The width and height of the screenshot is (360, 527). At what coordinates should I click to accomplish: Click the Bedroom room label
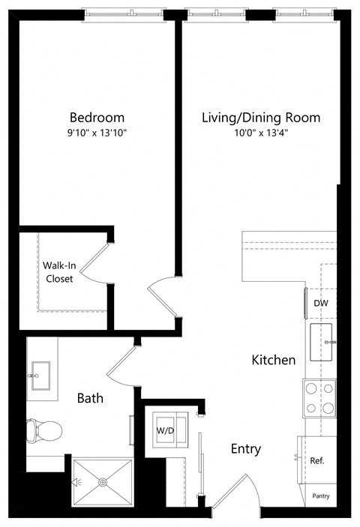97,118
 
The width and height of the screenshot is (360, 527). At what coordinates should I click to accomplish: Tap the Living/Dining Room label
260,118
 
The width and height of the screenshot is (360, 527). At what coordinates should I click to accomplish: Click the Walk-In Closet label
58,272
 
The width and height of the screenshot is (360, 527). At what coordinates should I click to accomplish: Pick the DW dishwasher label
321,303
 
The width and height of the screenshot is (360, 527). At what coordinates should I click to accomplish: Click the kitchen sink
324,343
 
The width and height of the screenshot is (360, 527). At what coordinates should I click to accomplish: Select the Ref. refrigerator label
317,460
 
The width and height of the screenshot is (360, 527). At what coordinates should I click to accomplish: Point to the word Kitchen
273,361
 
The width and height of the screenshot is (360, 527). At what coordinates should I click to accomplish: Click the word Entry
246,449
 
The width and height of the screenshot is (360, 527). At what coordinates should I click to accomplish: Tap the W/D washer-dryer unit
165,430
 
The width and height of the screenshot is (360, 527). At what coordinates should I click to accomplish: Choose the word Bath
91,398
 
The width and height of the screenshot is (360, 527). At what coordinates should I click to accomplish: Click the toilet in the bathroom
43,430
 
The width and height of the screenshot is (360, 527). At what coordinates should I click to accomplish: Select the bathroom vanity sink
39,371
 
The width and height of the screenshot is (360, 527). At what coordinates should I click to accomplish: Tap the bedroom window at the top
121,13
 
